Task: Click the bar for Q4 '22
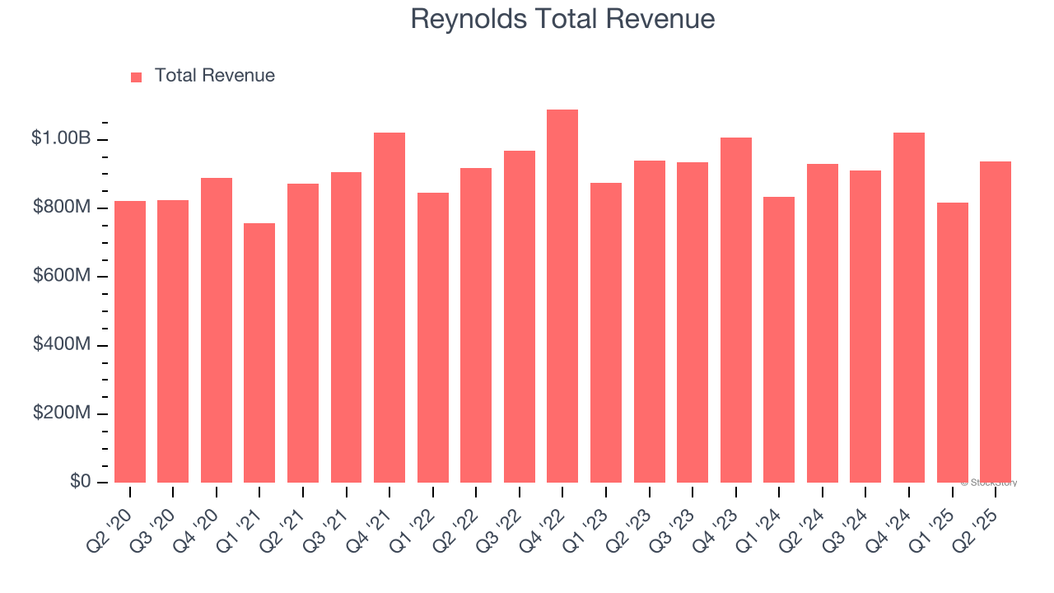coord(562,296)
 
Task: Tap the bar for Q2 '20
coord(130,342)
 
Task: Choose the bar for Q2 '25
coord(996,322)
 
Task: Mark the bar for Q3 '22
coord(520,316)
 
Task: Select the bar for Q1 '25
coord(952,343)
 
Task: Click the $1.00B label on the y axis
coord(61,138)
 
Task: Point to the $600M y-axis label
coord(62,276)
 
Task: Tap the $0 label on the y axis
coord(79,481)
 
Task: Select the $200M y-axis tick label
coord(62,413)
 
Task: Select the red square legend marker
coord(137,77)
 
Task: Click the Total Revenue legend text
coord(214,76)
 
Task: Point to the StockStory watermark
coord(988,483)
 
